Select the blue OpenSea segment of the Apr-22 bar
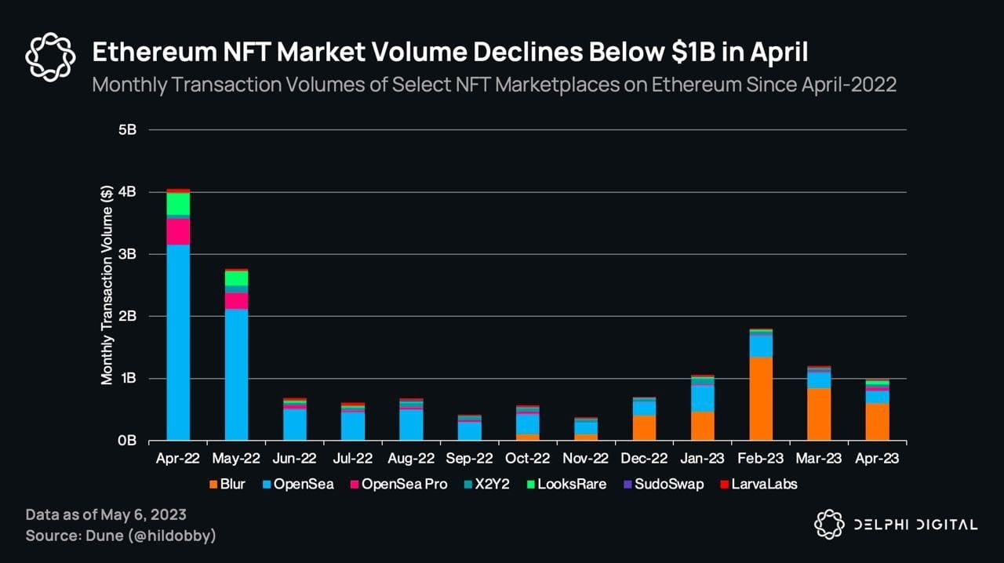tap(178, 342)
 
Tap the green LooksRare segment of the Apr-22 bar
tap(178, 203)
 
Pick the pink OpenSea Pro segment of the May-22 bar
tap(236, 301)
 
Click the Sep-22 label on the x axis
tap(469, 459)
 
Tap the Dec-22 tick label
tap(643, 459)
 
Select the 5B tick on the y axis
tap(127, 130)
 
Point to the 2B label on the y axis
tap(127, 316)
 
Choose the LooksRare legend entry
tap(572, 485)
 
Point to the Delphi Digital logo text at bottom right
tap(914, 525)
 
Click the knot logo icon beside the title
tap(50, 57)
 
